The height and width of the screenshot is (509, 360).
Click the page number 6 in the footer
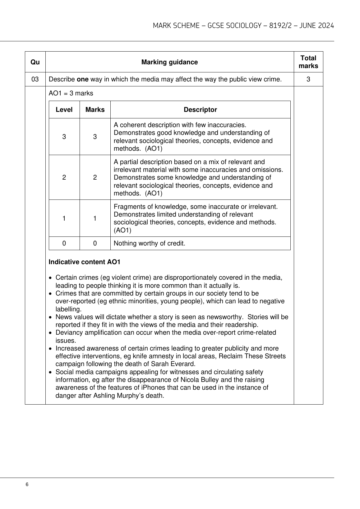coord(27,485)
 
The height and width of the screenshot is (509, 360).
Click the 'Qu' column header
coord(35,62)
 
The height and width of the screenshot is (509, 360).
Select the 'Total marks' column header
coord(308,62)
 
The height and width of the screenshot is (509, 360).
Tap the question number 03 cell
coord(35,79)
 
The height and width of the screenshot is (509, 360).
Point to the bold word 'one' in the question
coord(83,79)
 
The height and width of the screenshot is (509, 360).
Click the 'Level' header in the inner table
coord(64,110)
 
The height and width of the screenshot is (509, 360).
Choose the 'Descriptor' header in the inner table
coord(200,110)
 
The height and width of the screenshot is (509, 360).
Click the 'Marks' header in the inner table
coord(95,110)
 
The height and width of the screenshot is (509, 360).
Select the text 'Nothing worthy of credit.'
coord(149,243)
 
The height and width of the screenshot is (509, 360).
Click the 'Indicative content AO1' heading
coord(85,262)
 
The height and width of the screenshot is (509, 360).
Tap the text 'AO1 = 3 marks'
coord(71,93)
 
